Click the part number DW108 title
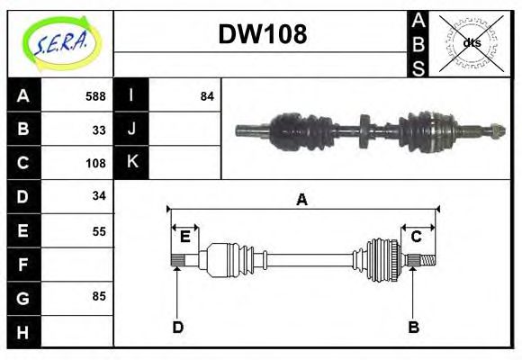tap(262, 35)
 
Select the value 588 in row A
tap(94, 96)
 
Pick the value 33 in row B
tap(99, 130)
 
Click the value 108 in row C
tap(94, 163)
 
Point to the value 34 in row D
tap(99, 195)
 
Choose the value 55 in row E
tap(99, 229)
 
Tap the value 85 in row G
tap(99, 295)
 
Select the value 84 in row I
tap(207, 96)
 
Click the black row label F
tap(23, 264)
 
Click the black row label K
tap(131, 163)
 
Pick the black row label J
tap(131, 130)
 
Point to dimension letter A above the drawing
tap(301, 200)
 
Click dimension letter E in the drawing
tap(184, 237)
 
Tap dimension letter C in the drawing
tap(417, 237)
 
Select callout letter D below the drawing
tap(177, 327)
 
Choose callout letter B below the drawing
tap(414, 327)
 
